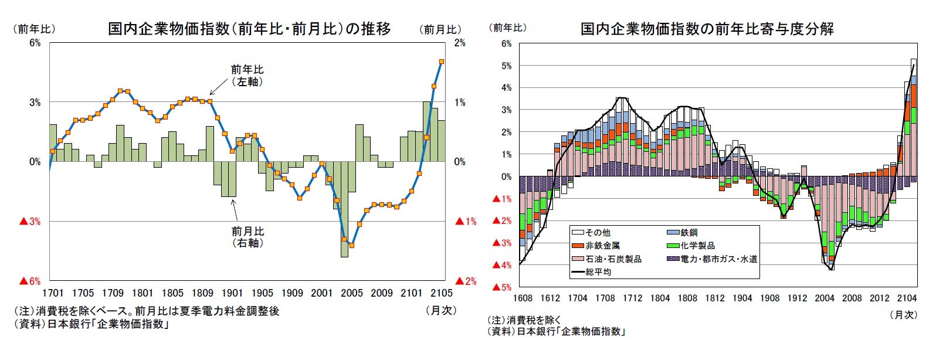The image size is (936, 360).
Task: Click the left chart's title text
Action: click(249, 29)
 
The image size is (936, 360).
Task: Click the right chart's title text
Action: click(707, 29)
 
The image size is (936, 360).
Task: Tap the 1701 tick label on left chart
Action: click(53, 293)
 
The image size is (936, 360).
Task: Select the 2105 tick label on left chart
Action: click(441, 293)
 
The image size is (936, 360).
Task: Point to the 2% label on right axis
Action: click(460, 43)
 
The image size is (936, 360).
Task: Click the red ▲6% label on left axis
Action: click(30, 281)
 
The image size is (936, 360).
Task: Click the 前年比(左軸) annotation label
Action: click(247, 76)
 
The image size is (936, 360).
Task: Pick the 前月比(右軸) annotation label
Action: click(247, 237)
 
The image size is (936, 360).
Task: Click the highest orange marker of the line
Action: click(442, 62)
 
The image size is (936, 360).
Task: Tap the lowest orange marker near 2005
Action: click(351, 245)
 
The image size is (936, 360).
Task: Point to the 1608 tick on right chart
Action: click(523, 298)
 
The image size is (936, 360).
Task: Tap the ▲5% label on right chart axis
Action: click(502, 287)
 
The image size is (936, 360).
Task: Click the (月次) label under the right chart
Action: click(903, 315)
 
